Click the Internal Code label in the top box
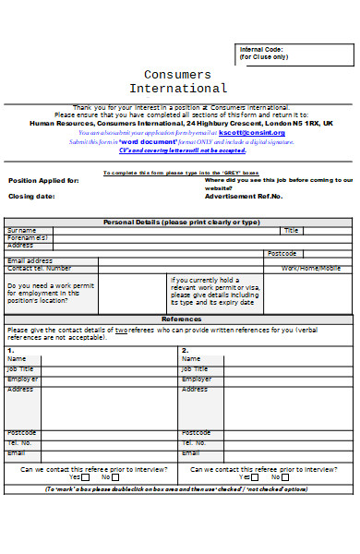click(x=261, y=49)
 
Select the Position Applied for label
click(x=43, y=181)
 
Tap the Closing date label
click(x=32, y=197)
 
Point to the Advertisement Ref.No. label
click(x=244, y=197)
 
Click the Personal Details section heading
click(x=181, y=223)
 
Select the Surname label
click(x=22, y=230)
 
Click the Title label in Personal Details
click(x=292, y=230)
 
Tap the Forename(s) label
click(x=28, y=238)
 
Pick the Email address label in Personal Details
click(x=30, y=261)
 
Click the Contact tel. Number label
click(x=39, y=269)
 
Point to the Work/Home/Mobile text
click(x=310, y=269)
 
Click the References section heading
click(x=181, y=319)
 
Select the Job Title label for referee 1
click(x=20, y=368)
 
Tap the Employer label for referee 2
click(x=197, y=379)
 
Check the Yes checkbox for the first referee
click(x=85, y=477)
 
